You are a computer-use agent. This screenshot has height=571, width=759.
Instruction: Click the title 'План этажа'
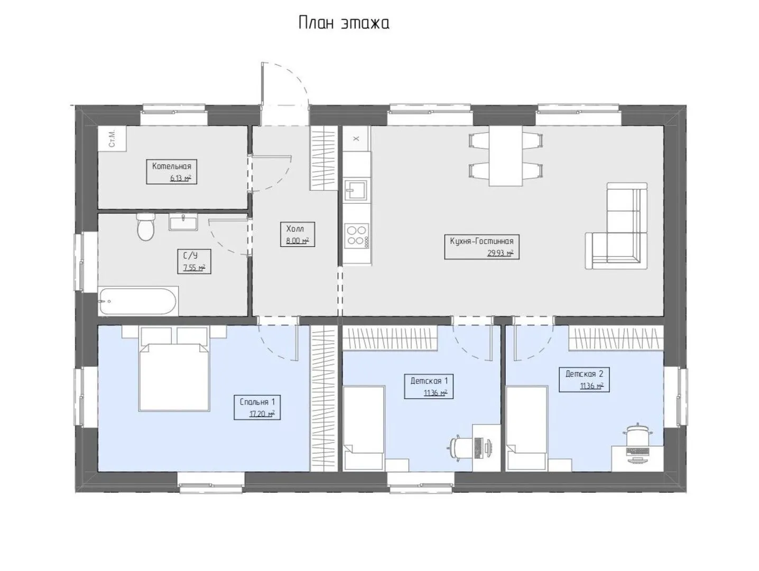click(x=344, y=23)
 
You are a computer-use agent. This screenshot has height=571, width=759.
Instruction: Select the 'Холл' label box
click(x=298, y=234)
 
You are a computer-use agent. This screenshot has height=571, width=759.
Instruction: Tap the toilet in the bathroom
click(x=145, y=227)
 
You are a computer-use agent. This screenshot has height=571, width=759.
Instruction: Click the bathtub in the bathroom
click(x=138, y=301)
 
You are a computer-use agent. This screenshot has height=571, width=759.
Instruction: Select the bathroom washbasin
click(x=183, y=222)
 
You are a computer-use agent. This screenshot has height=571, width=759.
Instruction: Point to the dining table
click(x=505, y=156)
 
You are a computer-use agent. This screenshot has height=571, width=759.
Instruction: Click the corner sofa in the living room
click(x=616, y=226)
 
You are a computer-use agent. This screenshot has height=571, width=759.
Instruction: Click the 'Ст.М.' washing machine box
click(x=112, y=139)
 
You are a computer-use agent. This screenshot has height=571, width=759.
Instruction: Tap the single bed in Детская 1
click(x=364, y=428)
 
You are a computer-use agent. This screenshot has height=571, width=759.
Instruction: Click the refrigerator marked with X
click(x=356, y=139)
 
